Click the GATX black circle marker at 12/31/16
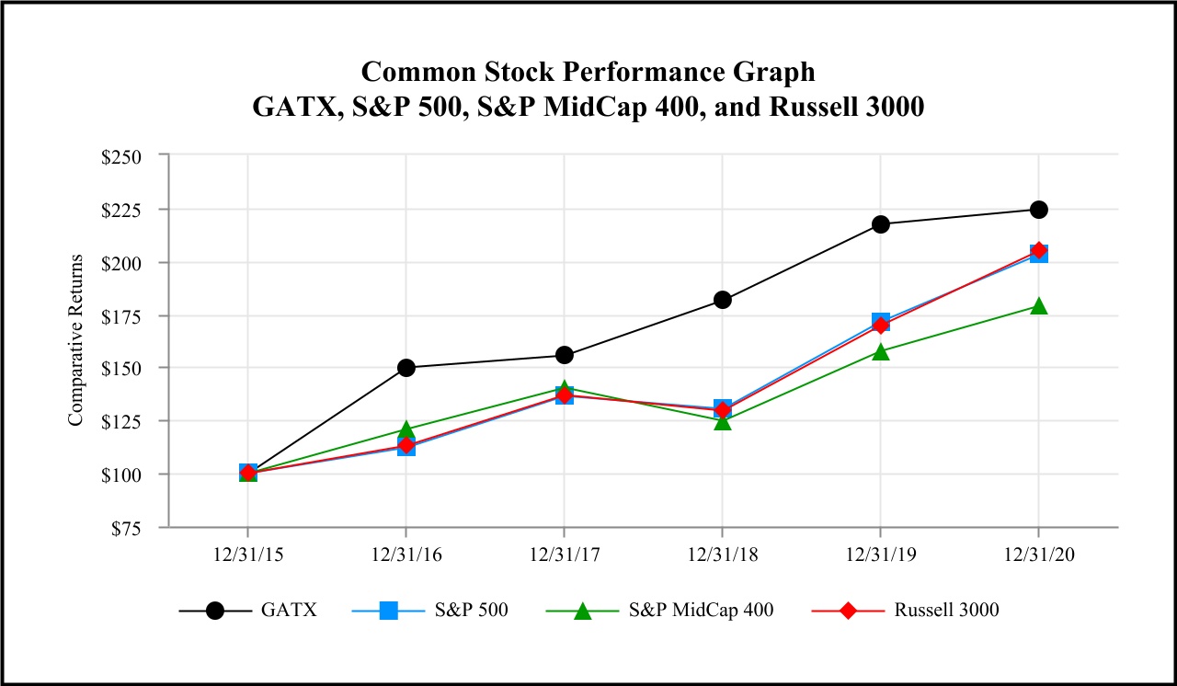[406, 368]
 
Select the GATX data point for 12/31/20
[1038, 210]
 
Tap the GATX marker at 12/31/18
[722, 300]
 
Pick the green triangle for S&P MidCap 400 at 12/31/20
[1038, 306]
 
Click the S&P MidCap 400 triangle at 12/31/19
[880, 351]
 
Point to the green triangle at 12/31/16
[406, 429]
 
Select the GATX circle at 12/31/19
[880, 224]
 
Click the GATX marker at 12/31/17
[564, 355]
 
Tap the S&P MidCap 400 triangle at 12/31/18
[722, 422]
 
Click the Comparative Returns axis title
[75, 340]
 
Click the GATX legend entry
[289, 611]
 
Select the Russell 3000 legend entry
[946, 611]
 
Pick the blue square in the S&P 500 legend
[388, 611]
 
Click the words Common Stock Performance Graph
[588, 72]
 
